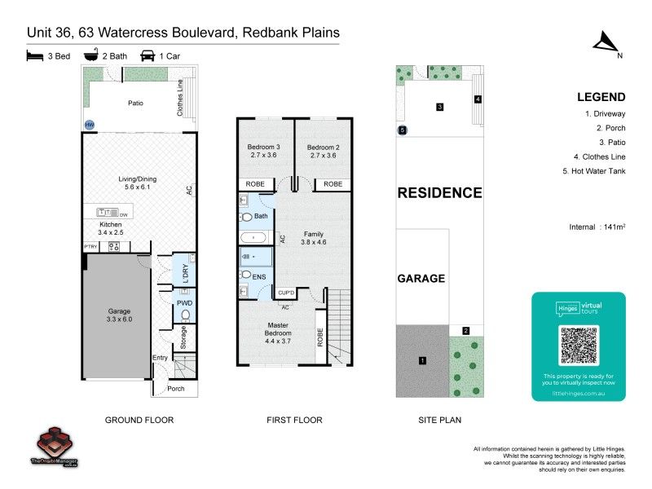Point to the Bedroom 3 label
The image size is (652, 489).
pyautogui.click(x=263, y=152)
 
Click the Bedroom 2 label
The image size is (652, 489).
pyautogui.click(x=323, y=152)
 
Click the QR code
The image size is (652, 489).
pyautogui.click(x=578, y=346)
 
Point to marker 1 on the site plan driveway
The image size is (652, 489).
pyautogui.click(x=422, y=360)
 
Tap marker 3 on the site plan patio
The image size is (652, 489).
pyautogui.click(x=439, y=107)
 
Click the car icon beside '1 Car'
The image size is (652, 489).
pyautogui.click(x=148, y=56)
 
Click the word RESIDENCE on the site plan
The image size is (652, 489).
pyautogui.click(x=439, y=193)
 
